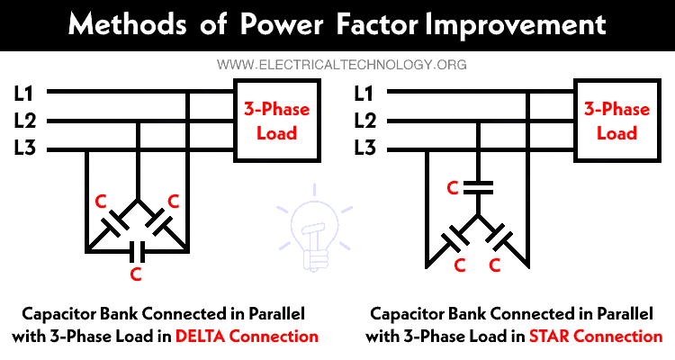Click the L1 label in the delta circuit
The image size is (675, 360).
point(25,92)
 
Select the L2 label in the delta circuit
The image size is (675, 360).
point(25,121)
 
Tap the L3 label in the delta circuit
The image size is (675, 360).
point(25,149)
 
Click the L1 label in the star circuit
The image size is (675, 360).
point(364,92)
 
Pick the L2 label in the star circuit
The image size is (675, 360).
point(364,121)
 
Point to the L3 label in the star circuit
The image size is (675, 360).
point(364,149)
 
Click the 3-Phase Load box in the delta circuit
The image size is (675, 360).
point(275,121)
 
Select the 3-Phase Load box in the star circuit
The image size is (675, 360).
point(616,121)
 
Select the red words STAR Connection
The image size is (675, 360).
point(597,337)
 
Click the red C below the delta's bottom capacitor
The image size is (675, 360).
point(136,273)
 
